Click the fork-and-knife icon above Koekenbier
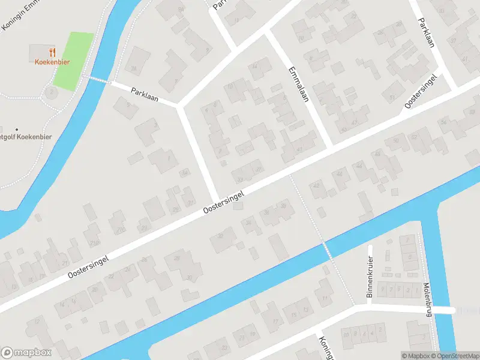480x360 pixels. coord(52,52)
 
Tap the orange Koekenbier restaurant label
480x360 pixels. coord(52,62)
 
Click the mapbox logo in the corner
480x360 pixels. coord(26,353)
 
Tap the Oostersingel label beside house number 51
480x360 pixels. coord(422,92)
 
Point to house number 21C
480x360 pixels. coord(121,229)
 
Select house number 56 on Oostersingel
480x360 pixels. coord(444,122)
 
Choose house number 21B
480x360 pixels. coord(94,242)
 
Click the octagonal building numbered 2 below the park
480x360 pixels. coord(52,92)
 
